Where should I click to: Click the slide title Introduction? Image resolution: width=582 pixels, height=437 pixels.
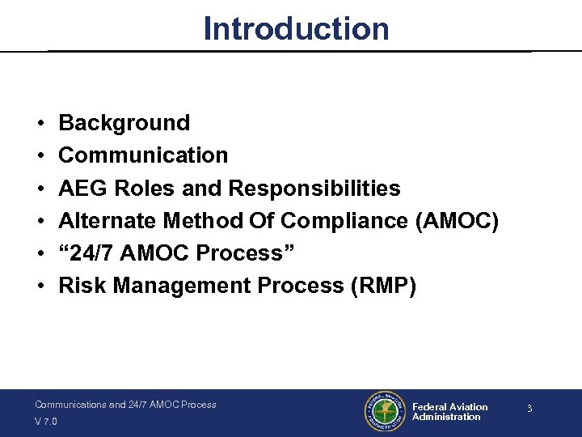(x=296, y=28)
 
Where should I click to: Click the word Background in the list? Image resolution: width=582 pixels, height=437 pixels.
(x=124, y=123)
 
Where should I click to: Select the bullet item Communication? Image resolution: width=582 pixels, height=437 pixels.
(x=143, y=155)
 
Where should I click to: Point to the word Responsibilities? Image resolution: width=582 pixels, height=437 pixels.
(x=314, y=189)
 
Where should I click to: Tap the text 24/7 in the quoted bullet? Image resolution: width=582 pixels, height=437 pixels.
(x=89, y=253)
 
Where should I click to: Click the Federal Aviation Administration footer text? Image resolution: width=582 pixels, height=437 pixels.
(x=449, y=412)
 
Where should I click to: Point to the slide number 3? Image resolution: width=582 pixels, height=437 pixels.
(x=529, y=409)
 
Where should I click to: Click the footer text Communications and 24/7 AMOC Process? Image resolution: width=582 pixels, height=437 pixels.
(x=125, y=404)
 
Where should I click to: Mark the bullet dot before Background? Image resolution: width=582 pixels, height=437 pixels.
(x=40, y=124)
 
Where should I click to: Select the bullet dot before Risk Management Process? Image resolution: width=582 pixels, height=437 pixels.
(x=40, y=286)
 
